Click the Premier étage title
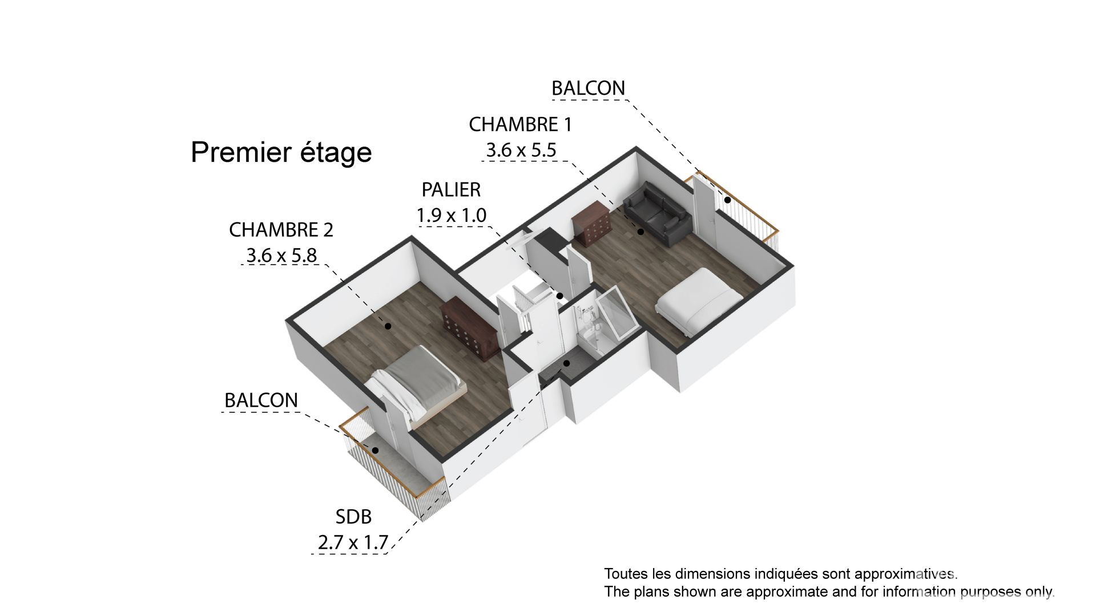[x=281, y=153]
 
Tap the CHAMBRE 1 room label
[x=520, y=124]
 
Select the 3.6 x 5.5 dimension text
[x=521, y=150]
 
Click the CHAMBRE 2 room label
[x=281, y=230]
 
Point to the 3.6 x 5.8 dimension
[x=281, y=255]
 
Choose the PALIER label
[x=451, y=189]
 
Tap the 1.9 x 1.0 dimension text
[x=451, y=216]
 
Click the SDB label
[x=353, y=517]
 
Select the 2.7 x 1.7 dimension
[x=353, y=542]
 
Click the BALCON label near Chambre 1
[x=589, y=88]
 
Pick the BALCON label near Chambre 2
[x=261, y=400]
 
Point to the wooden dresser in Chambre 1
[x=593, y=222]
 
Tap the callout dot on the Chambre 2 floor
[x=388, y=326]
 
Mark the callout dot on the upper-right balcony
[x=728, y=200]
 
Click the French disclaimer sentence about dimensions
[x=781, y=573]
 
